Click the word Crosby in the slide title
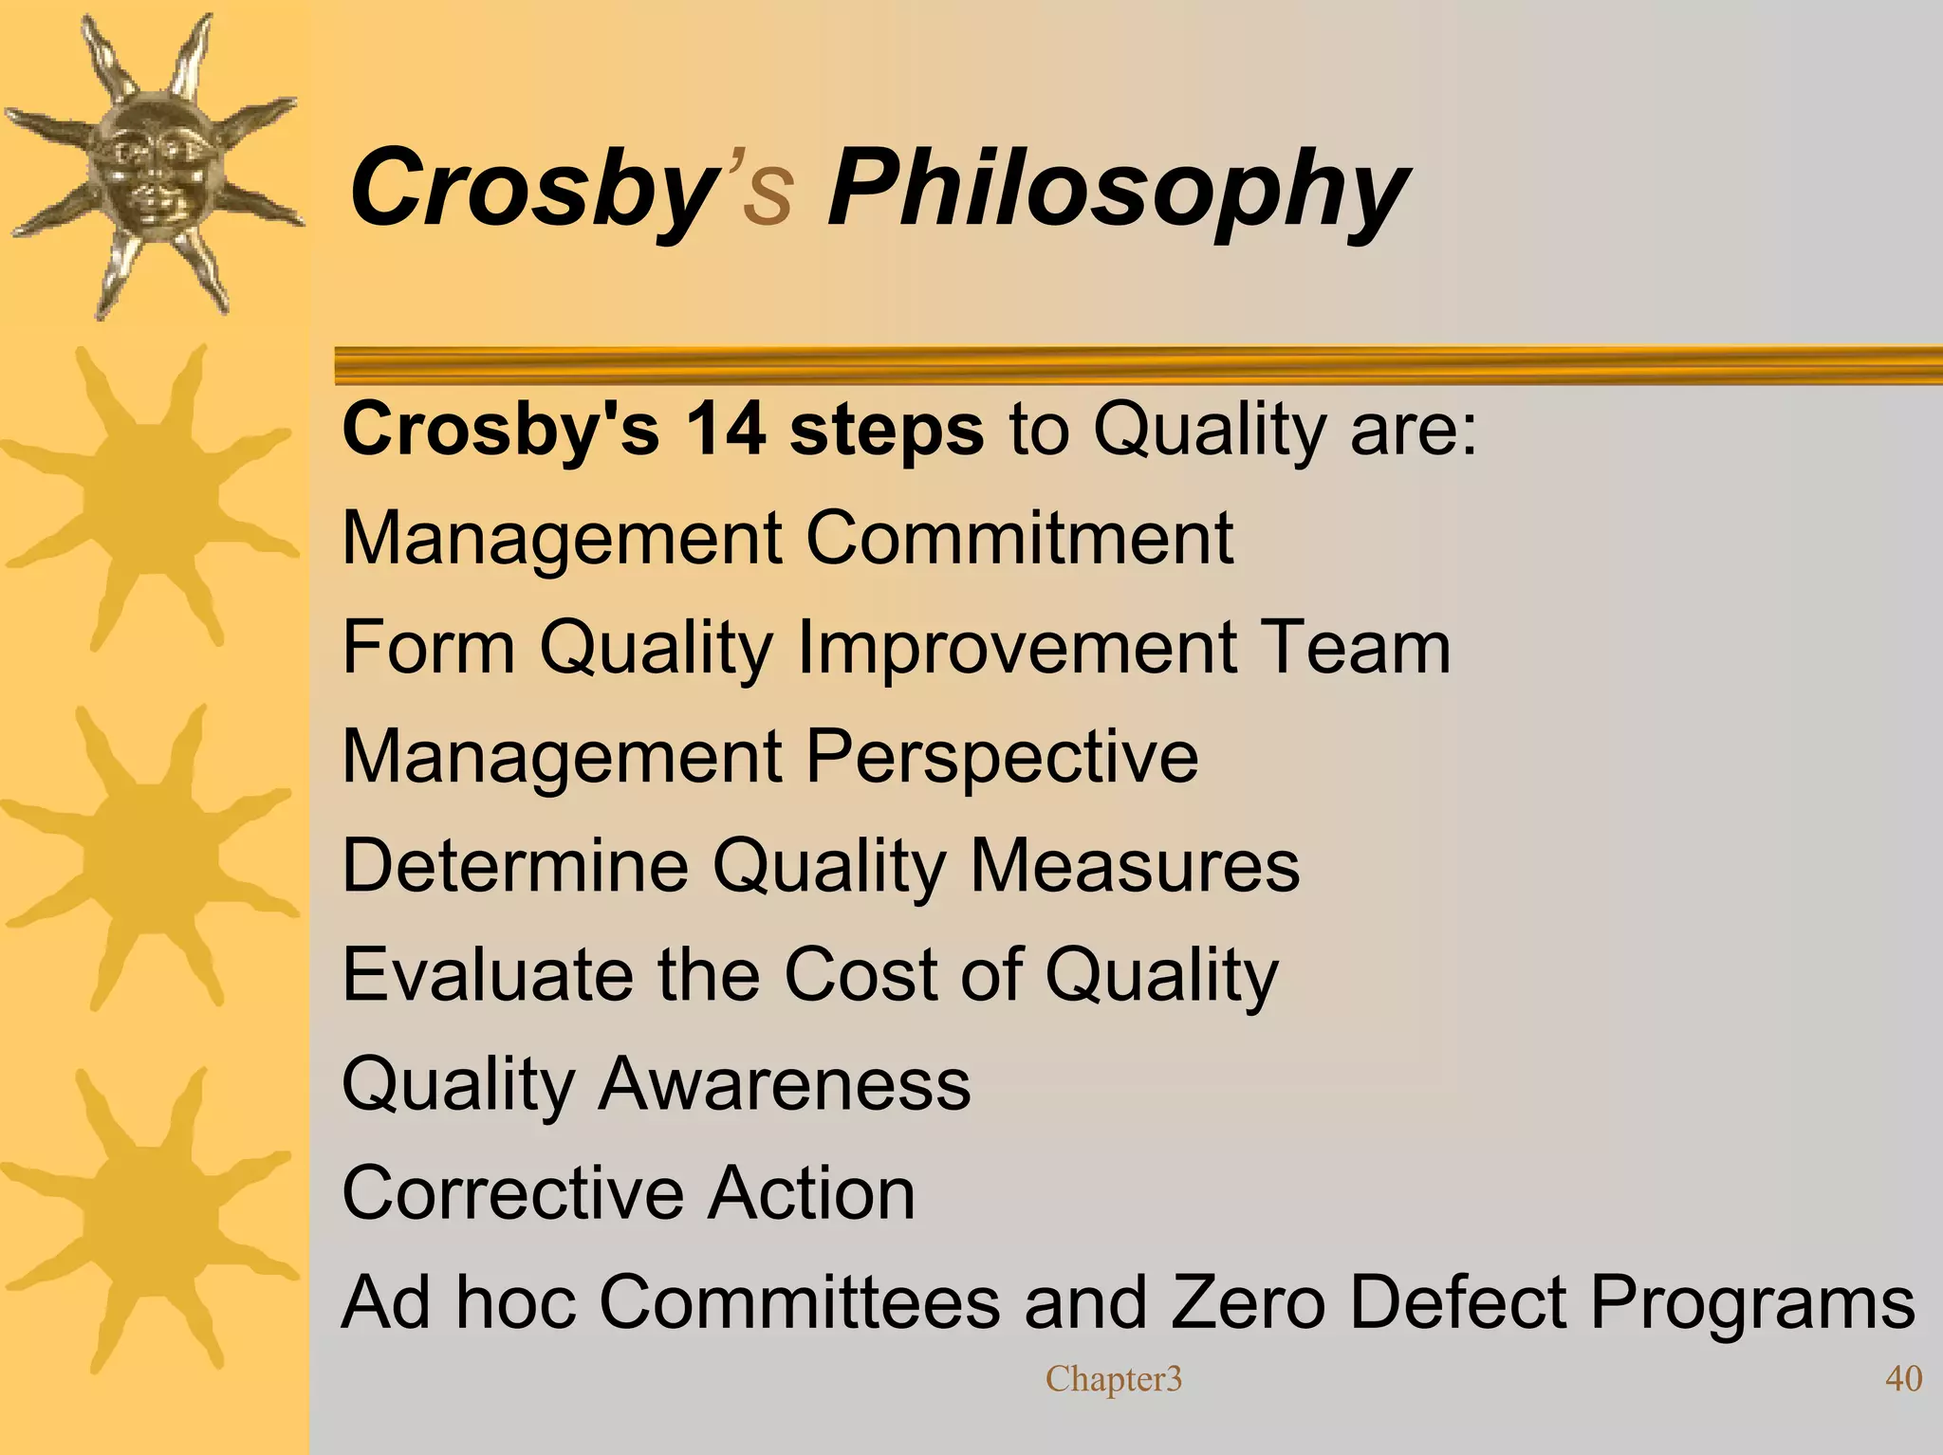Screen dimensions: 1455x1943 (x=529, y=190)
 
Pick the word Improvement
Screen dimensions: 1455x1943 (x=1016, y=649)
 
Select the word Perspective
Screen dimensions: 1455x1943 (x=1002, y=758)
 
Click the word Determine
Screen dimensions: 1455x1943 (x=515, y=865)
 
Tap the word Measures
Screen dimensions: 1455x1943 (x=1135, y=865)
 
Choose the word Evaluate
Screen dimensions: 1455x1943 (x=487, y=974)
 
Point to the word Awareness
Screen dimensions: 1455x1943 (x=785, y=1084)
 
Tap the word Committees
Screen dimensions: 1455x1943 (x=799, y=1302)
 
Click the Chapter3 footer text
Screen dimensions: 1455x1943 (x=1114, y=1378)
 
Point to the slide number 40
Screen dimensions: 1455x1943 (x=1902, y=1378)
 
